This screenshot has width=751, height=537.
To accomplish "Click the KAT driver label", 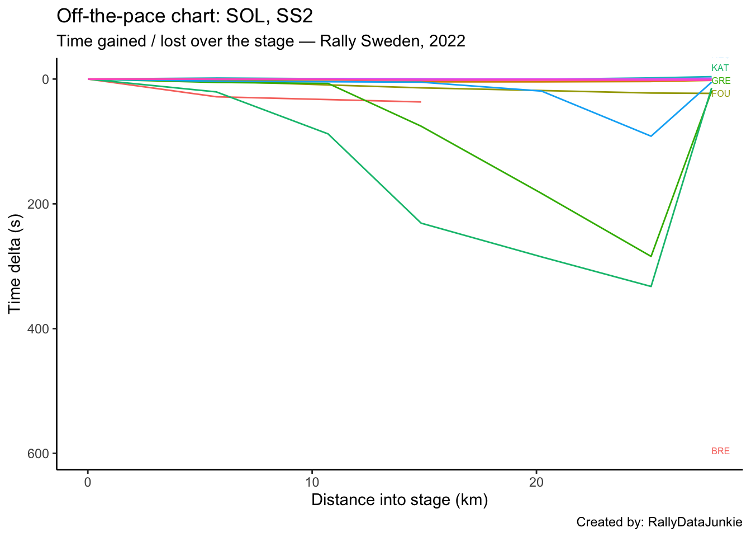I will point(720,68).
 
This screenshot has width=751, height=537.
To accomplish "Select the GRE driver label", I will point(721,81).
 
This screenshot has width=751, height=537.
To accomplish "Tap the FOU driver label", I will point(721,94).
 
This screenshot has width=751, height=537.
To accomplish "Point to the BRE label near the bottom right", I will point(720,451).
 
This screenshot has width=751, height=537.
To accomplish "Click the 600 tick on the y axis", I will point(39,453).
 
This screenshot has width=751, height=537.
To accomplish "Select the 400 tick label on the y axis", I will point(39,328).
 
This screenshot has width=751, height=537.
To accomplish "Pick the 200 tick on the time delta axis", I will point(39,204).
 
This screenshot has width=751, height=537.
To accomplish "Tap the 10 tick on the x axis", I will point(312,482).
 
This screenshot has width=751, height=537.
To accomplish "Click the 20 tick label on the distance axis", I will point(536,482).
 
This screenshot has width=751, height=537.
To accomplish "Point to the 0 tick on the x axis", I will point(88,482).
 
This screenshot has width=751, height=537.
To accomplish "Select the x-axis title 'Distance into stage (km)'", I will point(400,500).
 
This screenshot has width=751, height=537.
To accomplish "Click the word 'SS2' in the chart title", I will point(294,16).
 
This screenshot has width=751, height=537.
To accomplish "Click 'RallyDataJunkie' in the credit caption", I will point(695,522).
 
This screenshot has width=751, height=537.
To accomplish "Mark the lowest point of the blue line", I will point(651,136).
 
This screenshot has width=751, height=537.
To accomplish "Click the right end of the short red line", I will point(420,102).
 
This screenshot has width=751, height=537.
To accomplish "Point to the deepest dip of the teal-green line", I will point(651,286).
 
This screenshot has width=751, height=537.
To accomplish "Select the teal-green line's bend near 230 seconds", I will point(421,223).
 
